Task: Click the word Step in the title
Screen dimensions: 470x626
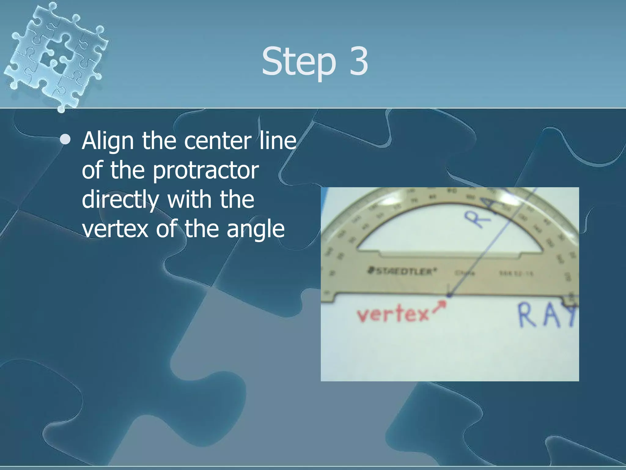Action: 298,61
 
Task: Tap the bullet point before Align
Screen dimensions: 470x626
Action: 65,140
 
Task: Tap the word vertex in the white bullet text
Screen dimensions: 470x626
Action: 115,229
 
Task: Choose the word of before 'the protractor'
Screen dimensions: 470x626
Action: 93,170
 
